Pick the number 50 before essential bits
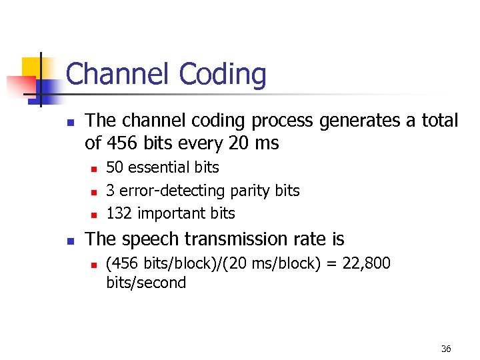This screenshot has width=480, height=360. click(115, 167)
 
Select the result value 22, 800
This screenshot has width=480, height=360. click(366, 263)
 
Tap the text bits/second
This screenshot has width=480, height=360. click(146, 283)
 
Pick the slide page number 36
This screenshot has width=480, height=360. click(446, 349)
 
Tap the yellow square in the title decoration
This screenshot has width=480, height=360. click(33, 67)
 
